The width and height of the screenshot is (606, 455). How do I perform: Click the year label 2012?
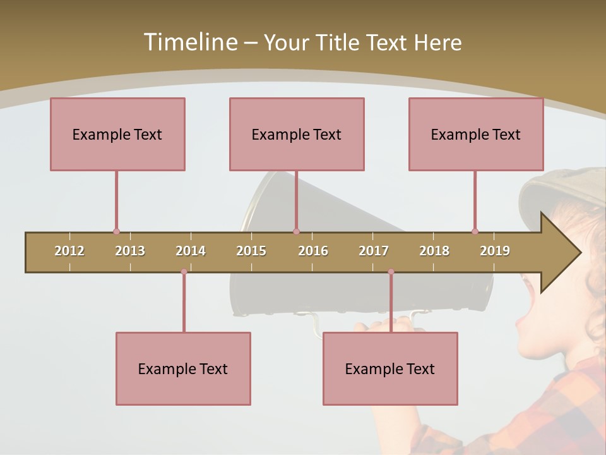[x=69, y=251]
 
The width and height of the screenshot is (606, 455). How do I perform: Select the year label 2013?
[x=130, y=251]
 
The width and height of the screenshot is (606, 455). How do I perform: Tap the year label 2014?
[x=191, y=251]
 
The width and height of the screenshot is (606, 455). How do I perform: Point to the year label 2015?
[x=251, y=251]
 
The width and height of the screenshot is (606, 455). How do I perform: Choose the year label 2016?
[x=313, y=251]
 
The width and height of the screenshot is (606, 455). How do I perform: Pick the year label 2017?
[x=374, y=251]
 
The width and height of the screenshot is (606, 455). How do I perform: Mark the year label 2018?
[x=434, y=251]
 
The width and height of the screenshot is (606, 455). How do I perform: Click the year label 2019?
[x=495, y=251]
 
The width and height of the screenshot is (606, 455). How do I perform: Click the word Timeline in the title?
[x=189, y=42]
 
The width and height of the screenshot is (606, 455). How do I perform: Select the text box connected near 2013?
[x=117, y=134]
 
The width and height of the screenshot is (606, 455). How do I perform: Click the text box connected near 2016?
[x=297, y=134]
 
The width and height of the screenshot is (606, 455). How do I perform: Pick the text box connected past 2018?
[x=476, y=134]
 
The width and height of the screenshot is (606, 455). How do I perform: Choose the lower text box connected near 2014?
[x=183, y=368]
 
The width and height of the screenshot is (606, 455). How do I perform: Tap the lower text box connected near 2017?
[x=390, y=368]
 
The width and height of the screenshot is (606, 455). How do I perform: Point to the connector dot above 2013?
[x=116, y=231]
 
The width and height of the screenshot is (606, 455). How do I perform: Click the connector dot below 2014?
[x=184, y=272]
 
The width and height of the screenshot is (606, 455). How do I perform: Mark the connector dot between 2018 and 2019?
[x=475, y=231]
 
